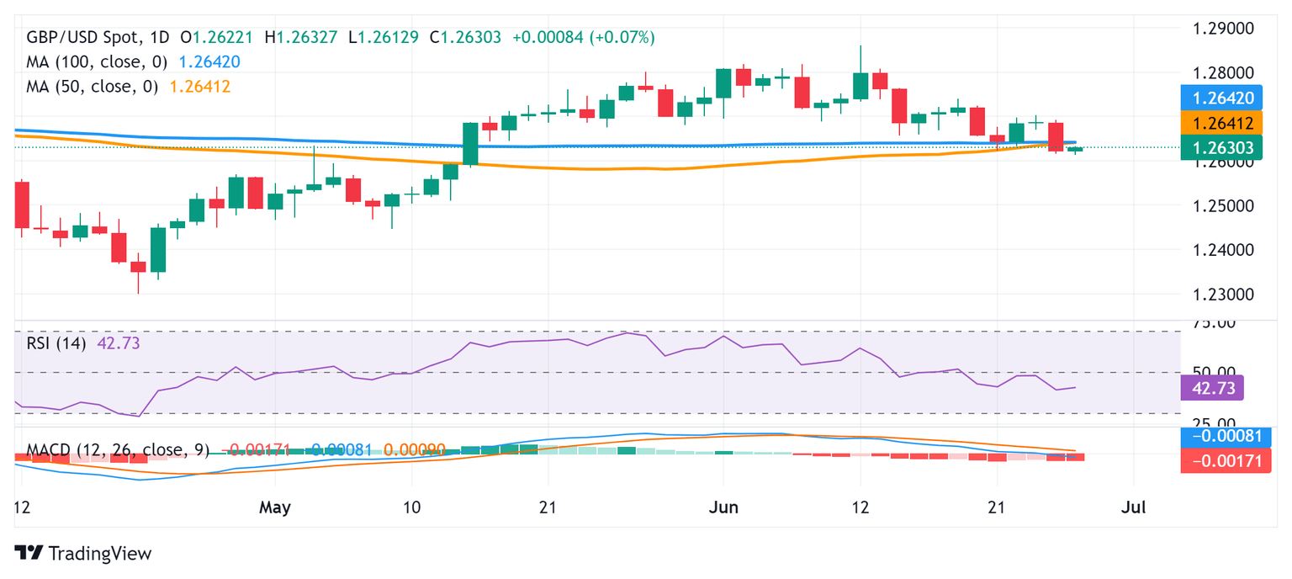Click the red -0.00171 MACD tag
click(x=1226, y=461)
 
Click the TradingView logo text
click(x=99, y=553)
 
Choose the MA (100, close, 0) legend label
click(x=97, y=61)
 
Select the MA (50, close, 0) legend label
click(x=92, y=86)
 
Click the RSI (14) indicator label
click(x=56, y=343)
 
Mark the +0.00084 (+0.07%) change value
click(x=583, y=38)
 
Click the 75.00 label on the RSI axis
click(x=1217, y=322)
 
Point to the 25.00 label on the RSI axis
click(x=1217, y=423)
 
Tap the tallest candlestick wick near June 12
click(x=860, y=61)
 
